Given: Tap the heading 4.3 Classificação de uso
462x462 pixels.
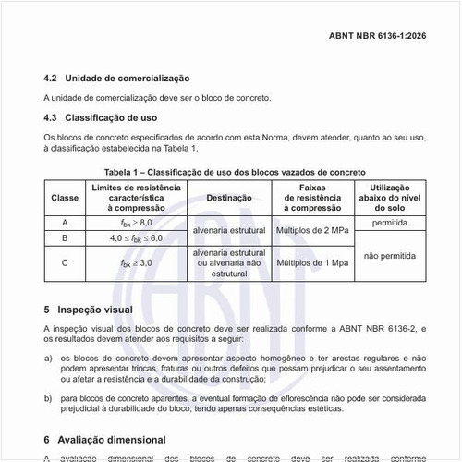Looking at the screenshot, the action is pos(101,117).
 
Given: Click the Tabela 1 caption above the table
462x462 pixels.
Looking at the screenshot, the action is pos(235,172).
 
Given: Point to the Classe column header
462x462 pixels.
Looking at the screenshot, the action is pos(65,198).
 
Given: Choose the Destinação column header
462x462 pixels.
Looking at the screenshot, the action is pos(229,198).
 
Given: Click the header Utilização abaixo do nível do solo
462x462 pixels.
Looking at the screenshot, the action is pos(389,198).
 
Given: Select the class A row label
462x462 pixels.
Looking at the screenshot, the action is pos(65,223).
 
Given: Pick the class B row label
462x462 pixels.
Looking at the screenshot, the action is pos(65,237).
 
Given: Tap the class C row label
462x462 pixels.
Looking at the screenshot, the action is pos(65,262).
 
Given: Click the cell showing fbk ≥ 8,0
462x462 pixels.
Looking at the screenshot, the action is pos(135,223).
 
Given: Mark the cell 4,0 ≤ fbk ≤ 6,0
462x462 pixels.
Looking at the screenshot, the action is pos(135,237).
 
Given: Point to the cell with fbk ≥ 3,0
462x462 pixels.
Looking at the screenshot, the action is pos(135,263).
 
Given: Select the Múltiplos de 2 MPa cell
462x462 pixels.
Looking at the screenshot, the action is pos(316,230).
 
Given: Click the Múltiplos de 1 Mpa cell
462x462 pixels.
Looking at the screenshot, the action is pos(316,263).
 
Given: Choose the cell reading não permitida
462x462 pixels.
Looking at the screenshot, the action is pos(389,255).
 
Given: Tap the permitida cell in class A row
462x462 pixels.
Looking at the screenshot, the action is pos(389,223).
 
